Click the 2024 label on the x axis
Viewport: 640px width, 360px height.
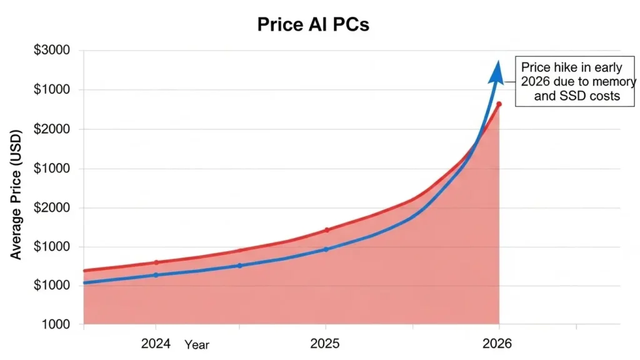156,343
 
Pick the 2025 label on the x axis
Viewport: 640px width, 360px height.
325,343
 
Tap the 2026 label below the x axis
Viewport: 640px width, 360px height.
497,343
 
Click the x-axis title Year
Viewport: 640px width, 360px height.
197,344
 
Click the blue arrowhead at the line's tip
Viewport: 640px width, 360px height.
497,71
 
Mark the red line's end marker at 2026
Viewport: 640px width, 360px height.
499,104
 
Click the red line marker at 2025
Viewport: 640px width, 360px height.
326,230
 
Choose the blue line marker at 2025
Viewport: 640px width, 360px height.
326,249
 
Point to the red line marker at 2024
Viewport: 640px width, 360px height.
156,262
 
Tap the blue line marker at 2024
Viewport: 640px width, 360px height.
156,275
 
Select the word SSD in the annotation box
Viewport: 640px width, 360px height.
567,96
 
